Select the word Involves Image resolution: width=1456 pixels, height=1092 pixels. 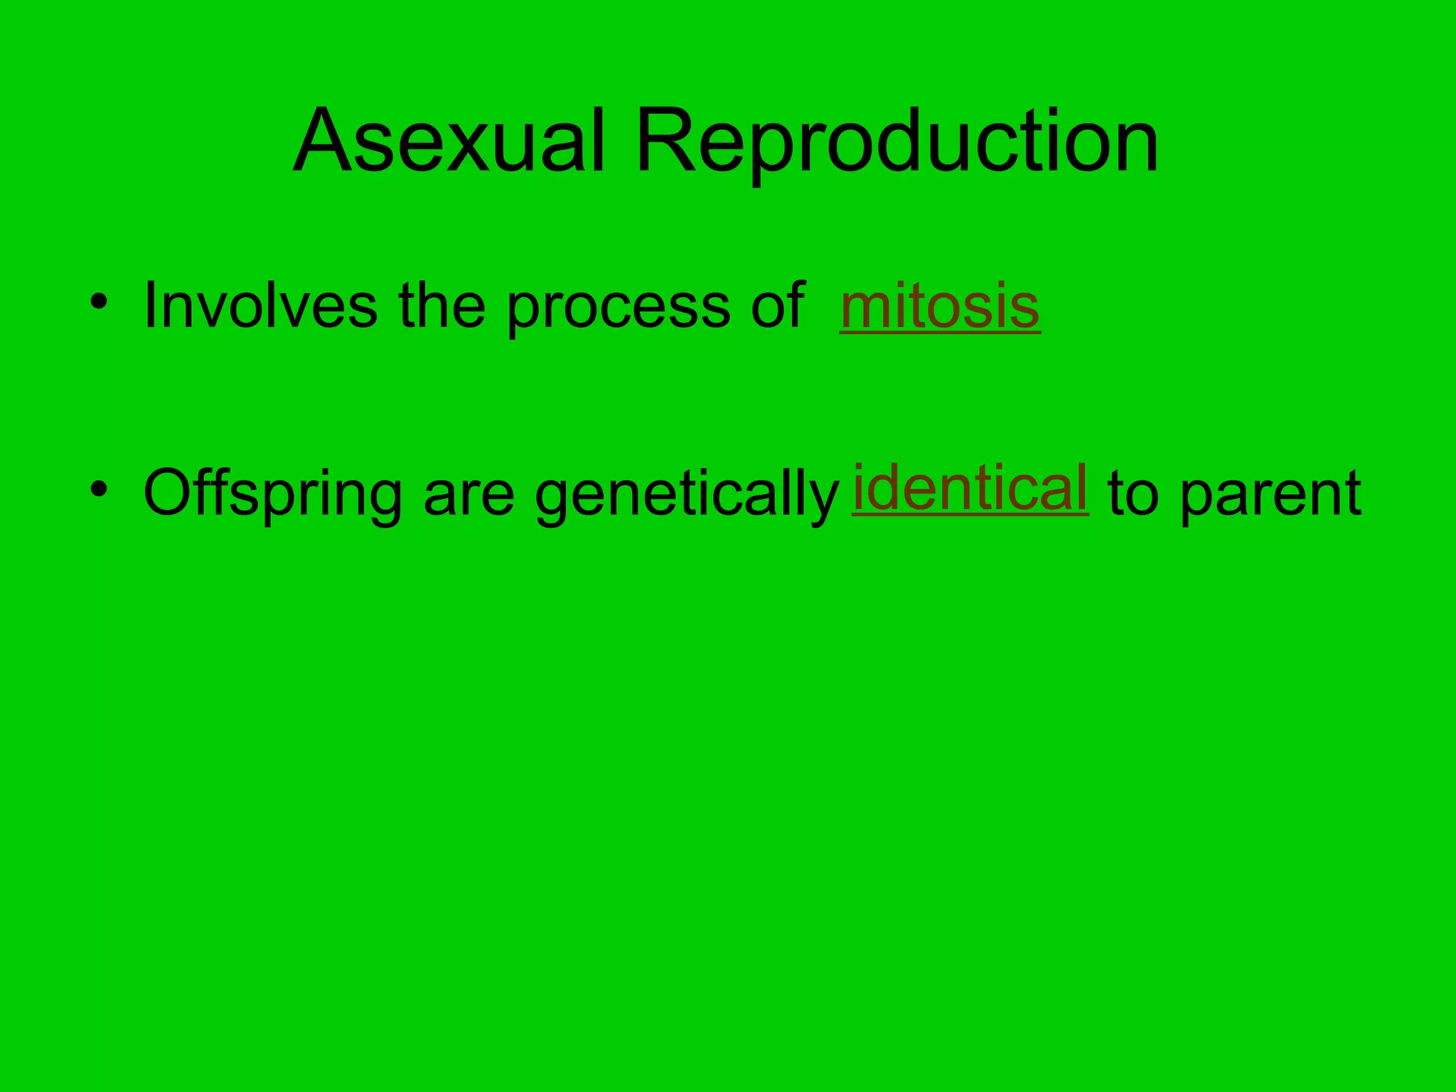point(260,306)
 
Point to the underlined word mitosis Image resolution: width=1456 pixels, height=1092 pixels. point(940,306)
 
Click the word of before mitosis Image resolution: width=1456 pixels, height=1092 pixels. point(778,306)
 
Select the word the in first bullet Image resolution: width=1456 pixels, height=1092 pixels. point(441,306)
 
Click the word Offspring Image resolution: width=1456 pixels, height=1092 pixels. point(273,494)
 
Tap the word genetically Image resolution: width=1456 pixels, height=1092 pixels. point(687,494)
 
